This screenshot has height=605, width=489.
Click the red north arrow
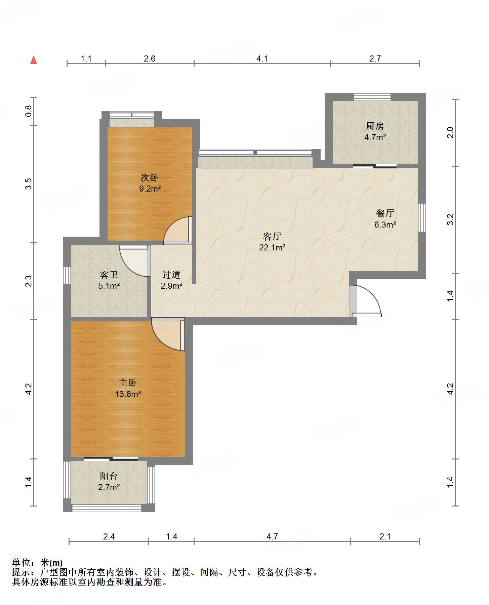tap(34, 60)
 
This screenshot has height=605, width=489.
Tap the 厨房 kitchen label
tap(375, 126)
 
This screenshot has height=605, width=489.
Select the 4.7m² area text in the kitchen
tap(375, 137)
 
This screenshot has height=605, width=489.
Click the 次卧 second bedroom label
tap(150, 177)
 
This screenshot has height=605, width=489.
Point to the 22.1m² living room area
tap(272, 248)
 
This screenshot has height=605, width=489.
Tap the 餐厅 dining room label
tap(385, 213)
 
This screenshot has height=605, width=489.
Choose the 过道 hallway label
tap(171, 275)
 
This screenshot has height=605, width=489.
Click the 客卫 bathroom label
tap(109, 275)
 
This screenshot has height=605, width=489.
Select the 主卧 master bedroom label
tap(128, 382)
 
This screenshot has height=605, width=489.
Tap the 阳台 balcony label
tap(109, 476)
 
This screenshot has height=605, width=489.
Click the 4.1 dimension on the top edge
tap(262, 59)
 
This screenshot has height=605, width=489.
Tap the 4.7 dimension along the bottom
tap(272, 536)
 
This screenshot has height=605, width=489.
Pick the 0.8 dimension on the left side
tap(29, 111)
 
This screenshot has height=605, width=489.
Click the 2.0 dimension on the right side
tap(450, 132)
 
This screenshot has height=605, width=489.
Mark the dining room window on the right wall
tap(422, 217)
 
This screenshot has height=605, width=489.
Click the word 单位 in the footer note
tap(21, 562)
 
